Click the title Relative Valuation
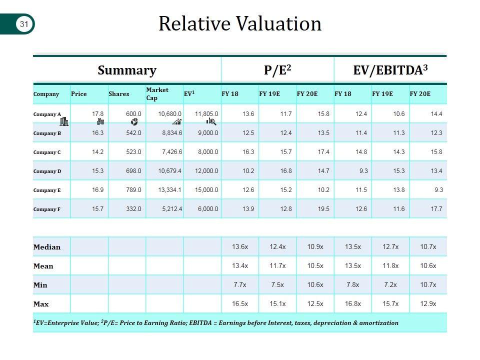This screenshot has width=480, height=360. pyautogui.click(x=240, y=23)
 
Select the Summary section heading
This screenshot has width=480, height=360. pyautogui.click(x=127, y=70)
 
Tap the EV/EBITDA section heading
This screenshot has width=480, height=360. pyautogui.click(x=390, y=70)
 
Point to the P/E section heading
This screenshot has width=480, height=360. pyautogui.click(x=277, y=70)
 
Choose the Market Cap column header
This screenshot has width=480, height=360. pyautogui.click(x=157, y=93)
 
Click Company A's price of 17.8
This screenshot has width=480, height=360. pyautogui.click(x=97, y=114)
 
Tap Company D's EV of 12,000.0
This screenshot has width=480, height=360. pyautogui.click(x=206, y=171)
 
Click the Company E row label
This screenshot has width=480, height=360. pyautogui.click(x=47, y=190)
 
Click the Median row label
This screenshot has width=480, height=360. pyautogui.click(x=47, y=247)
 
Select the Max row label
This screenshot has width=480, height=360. pyautogui.click(x=41, y=304)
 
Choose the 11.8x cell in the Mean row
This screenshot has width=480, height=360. pyautogui.click(x=390, y=266)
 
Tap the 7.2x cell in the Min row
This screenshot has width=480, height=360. pyautogui.click(x=390, y=285)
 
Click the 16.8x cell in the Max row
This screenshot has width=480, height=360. pyautogui.click(x=352, y=304)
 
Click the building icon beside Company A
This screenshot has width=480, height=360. pyautogui.click(x=64, y=121)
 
